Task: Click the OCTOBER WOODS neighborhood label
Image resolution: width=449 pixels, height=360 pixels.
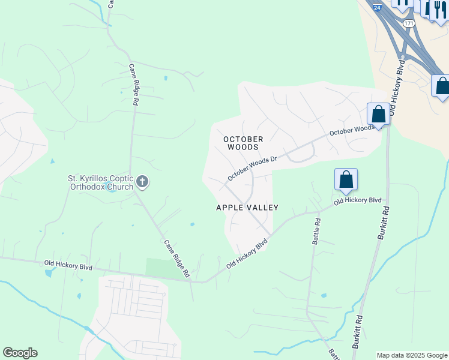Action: tap(243, 143)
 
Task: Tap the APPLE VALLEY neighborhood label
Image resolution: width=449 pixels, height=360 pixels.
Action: tap(247, 208)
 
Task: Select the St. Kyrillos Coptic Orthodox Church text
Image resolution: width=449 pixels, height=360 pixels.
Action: tap(100, 182)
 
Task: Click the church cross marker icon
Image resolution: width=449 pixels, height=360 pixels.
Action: tap(142, 181)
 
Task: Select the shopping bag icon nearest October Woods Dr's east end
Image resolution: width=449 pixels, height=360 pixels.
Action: tap(378, 113)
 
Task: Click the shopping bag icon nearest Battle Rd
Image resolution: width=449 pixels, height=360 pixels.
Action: tap(346, 179)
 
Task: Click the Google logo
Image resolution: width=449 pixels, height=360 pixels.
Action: tap(20, 353)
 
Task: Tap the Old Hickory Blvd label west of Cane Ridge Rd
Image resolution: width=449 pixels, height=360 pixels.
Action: tap(68, 265)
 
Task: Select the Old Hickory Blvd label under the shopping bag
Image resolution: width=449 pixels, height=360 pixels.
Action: tap(357, 200)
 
